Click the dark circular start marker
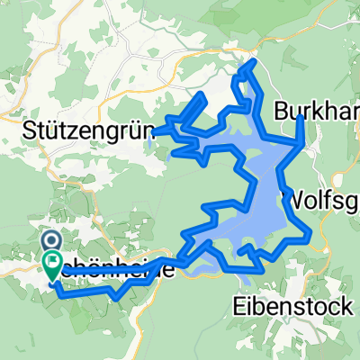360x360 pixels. [50, 241]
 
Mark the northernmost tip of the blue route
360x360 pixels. [254, 60]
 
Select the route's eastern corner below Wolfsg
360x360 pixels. [310, 236]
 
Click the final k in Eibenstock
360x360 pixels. [346, 306]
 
